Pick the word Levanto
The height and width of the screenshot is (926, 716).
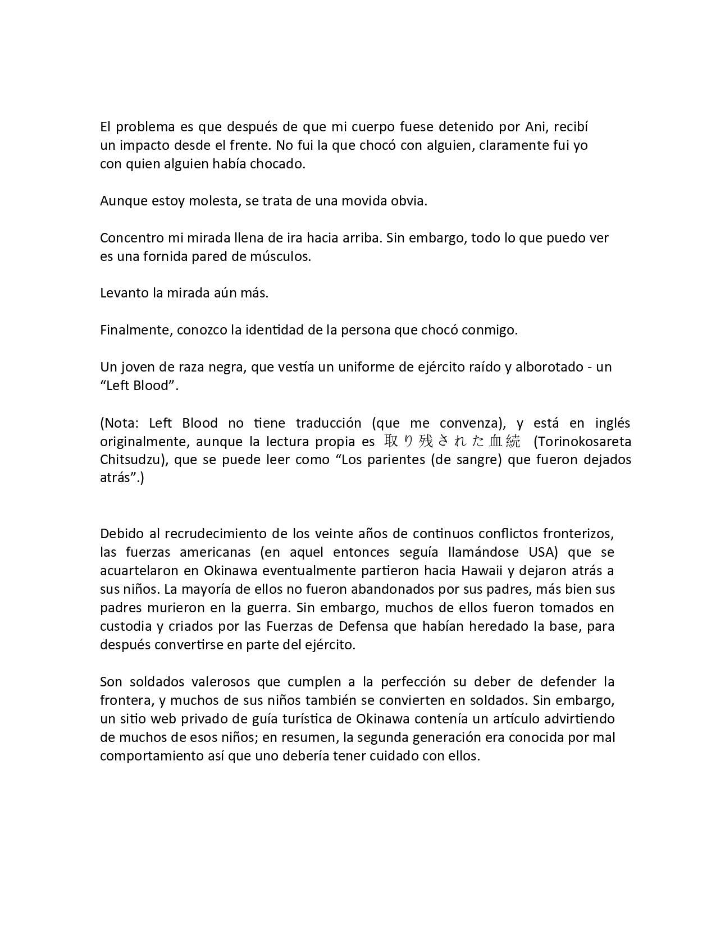click(x=124, y=293)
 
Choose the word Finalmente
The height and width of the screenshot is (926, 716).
click(x=135, y=330)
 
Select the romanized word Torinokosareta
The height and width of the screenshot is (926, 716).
click(x=582, y=441)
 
